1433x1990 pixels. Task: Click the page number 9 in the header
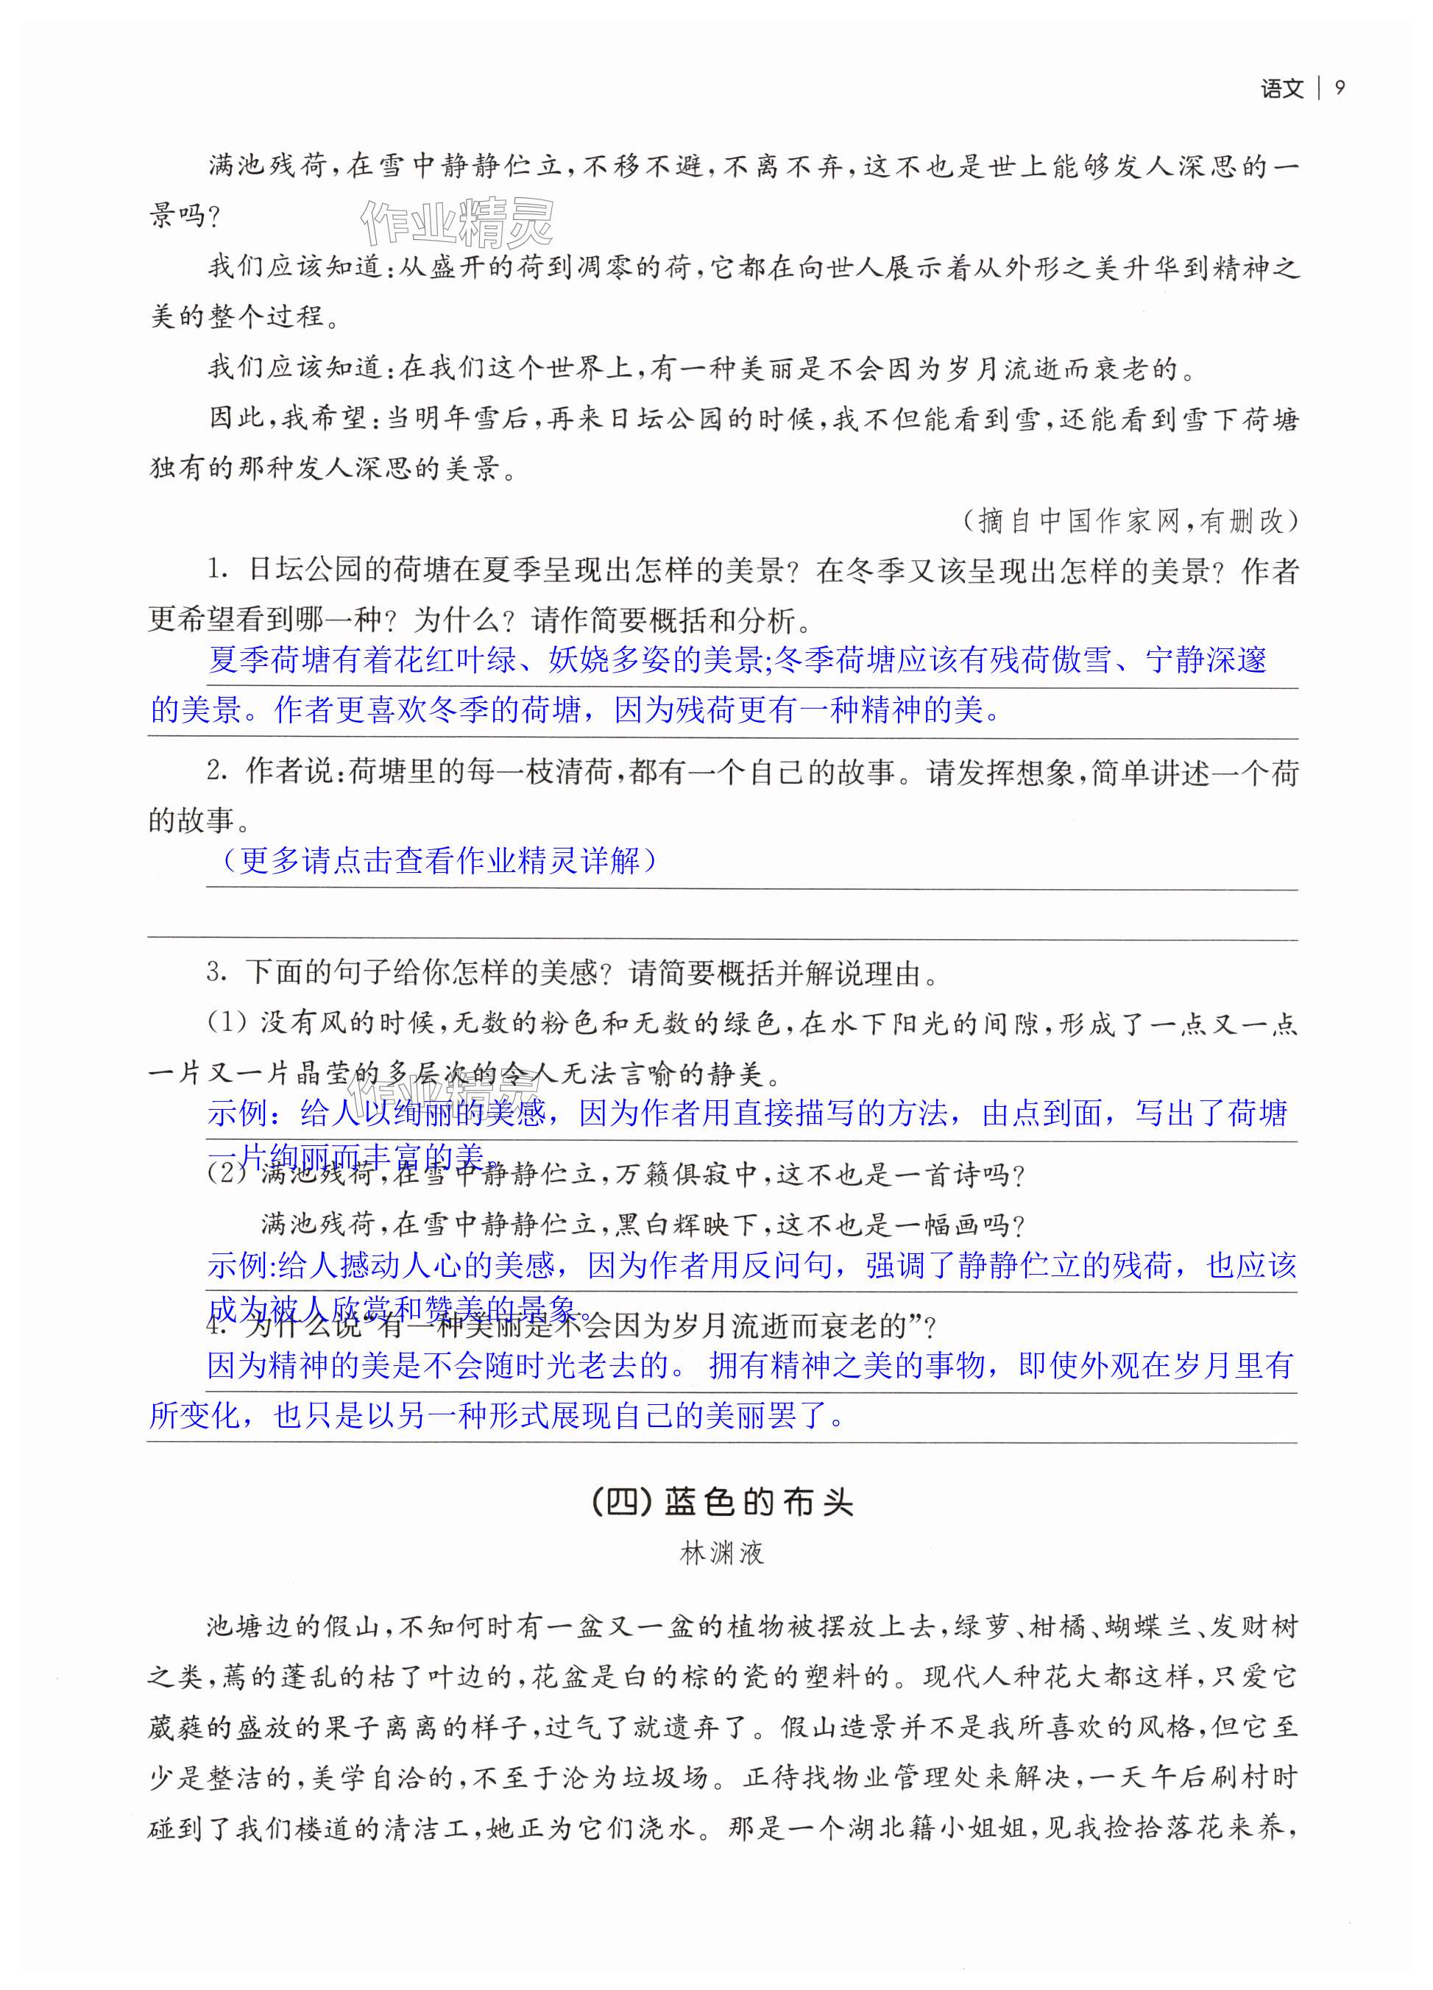[x=1339, y=88]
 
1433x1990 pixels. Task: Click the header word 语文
[x=1282, y=88]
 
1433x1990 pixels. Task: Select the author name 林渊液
[x=722, y=1553]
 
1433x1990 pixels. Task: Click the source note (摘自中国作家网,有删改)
[x=1129, y=520]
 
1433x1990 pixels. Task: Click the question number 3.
[x=216, y=972]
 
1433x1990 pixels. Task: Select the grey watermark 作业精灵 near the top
[x=458, y=223]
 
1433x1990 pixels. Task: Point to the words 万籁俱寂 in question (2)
[x=671, y=1174]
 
